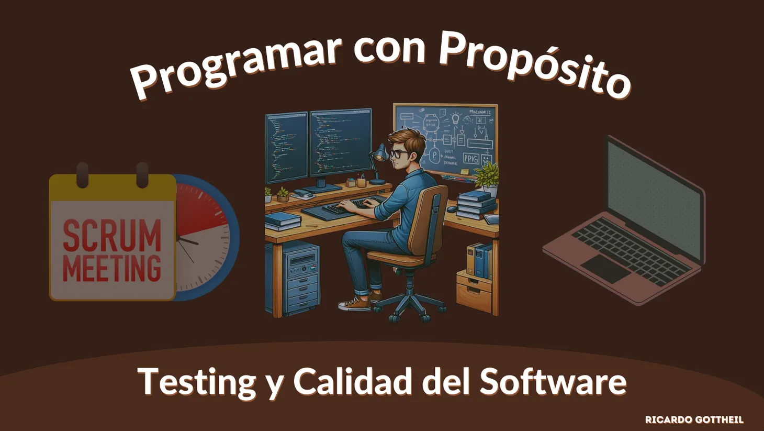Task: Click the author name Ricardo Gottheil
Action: point(694,419)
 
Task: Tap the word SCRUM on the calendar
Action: point(112,235)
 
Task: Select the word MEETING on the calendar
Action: point(112,268)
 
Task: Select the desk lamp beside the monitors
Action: point(378,157)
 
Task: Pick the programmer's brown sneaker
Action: point(355,304)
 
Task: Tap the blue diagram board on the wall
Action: point(445,139)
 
